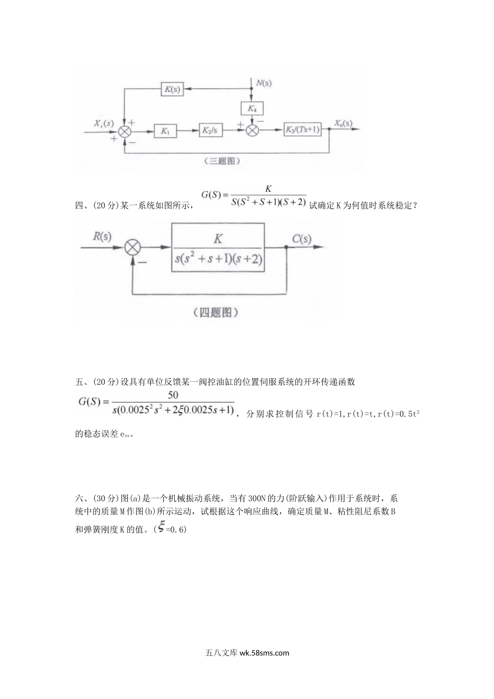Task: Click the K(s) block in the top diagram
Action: [172, 89]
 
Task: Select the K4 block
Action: [252, 108]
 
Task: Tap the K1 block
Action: [165, 132]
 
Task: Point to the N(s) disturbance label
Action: [263, 82]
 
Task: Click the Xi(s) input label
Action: [103, 123]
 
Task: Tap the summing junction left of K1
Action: [125, 132]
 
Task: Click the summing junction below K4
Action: [252, 131]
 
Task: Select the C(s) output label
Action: [302, 239]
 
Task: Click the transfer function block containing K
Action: [218, 248]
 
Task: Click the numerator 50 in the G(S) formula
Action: [173, 395]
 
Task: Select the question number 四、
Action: [82, 205]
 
